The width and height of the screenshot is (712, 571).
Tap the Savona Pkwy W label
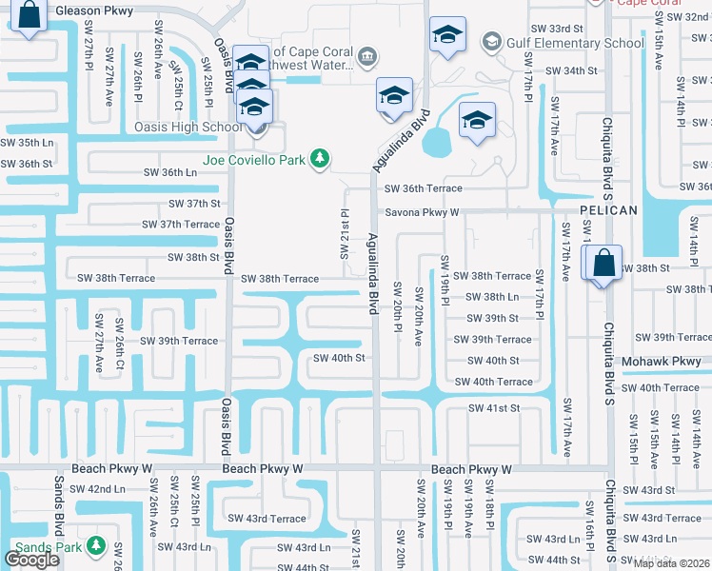coord(422,212)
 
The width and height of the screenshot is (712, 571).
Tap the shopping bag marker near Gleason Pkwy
coord(30,15)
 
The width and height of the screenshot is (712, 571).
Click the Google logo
coord(30,560)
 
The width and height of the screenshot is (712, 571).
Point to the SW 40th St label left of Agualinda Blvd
coord(340,358)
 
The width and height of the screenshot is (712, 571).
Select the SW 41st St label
coord(493,407)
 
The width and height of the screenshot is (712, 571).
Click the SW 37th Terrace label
coord(181,224)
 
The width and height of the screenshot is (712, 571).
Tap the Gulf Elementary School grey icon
coord(490,42)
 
